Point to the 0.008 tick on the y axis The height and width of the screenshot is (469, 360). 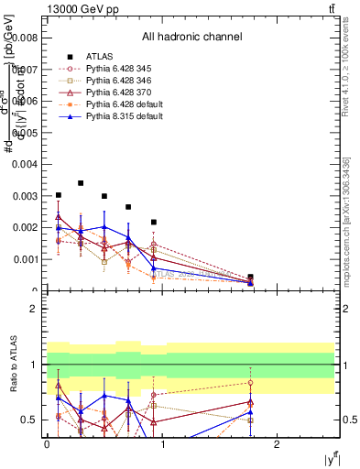click(27, 38)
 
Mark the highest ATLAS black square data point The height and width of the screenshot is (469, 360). click(82, 183)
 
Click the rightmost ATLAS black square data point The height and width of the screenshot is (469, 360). click(250, 277)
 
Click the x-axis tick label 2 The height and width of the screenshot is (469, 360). click(278, 444)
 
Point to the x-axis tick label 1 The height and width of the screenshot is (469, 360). click(162, 444)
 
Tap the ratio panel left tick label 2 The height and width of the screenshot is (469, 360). click(35, 309)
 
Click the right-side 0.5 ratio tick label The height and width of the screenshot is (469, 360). click(351, 420)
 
